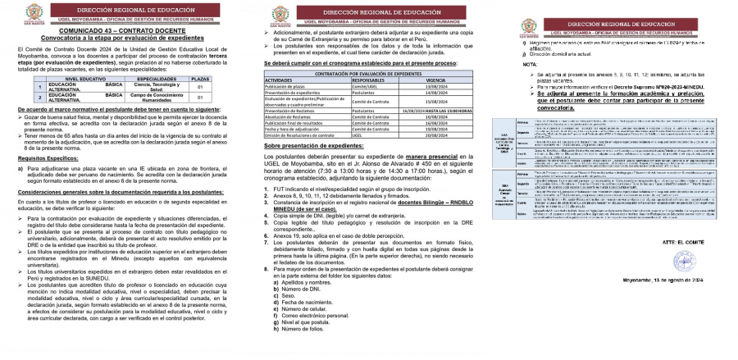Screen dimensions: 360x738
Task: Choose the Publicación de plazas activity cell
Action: click(x=289, y=86)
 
